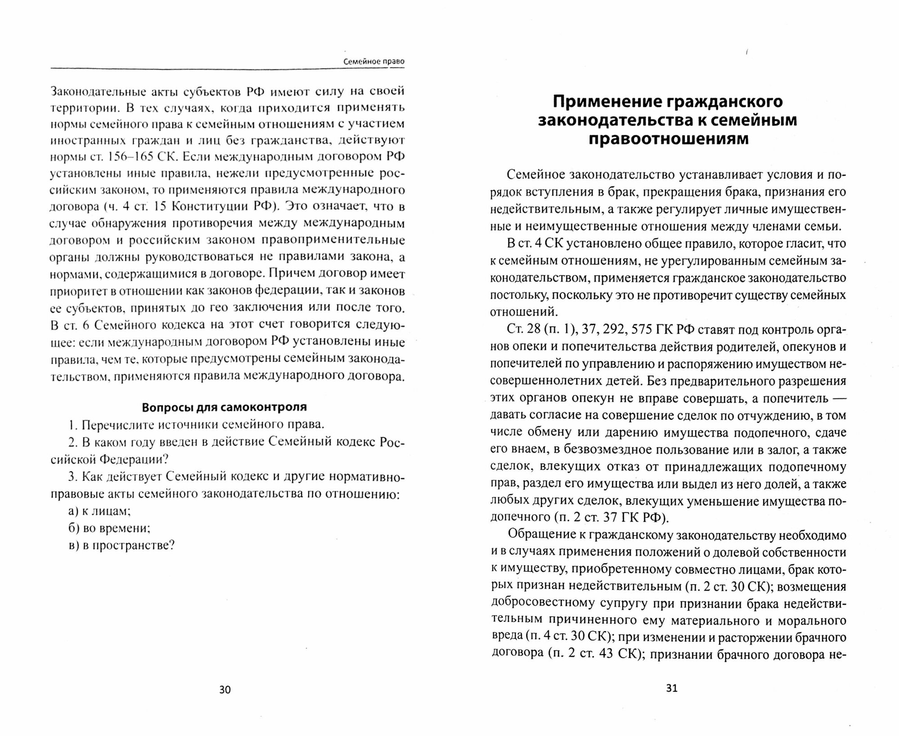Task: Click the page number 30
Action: pos(225,690)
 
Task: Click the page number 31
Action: pos(671,688)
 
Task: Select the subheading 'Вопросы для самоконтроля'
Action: pos(224,407)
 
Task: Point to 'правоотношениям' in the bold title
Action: pos(668,139)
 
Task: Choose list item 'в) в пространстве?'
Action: pos(121,545)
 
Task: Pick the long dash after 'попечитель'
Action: pos(836,398)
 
